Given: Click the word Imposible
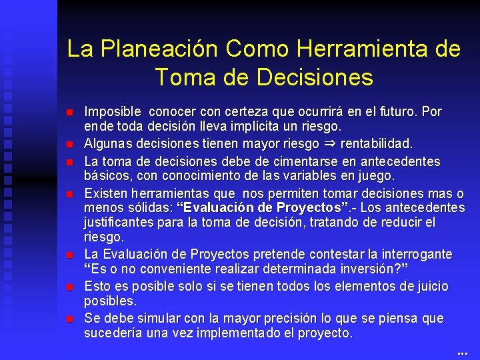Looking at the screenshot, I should tap(113, 111).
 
